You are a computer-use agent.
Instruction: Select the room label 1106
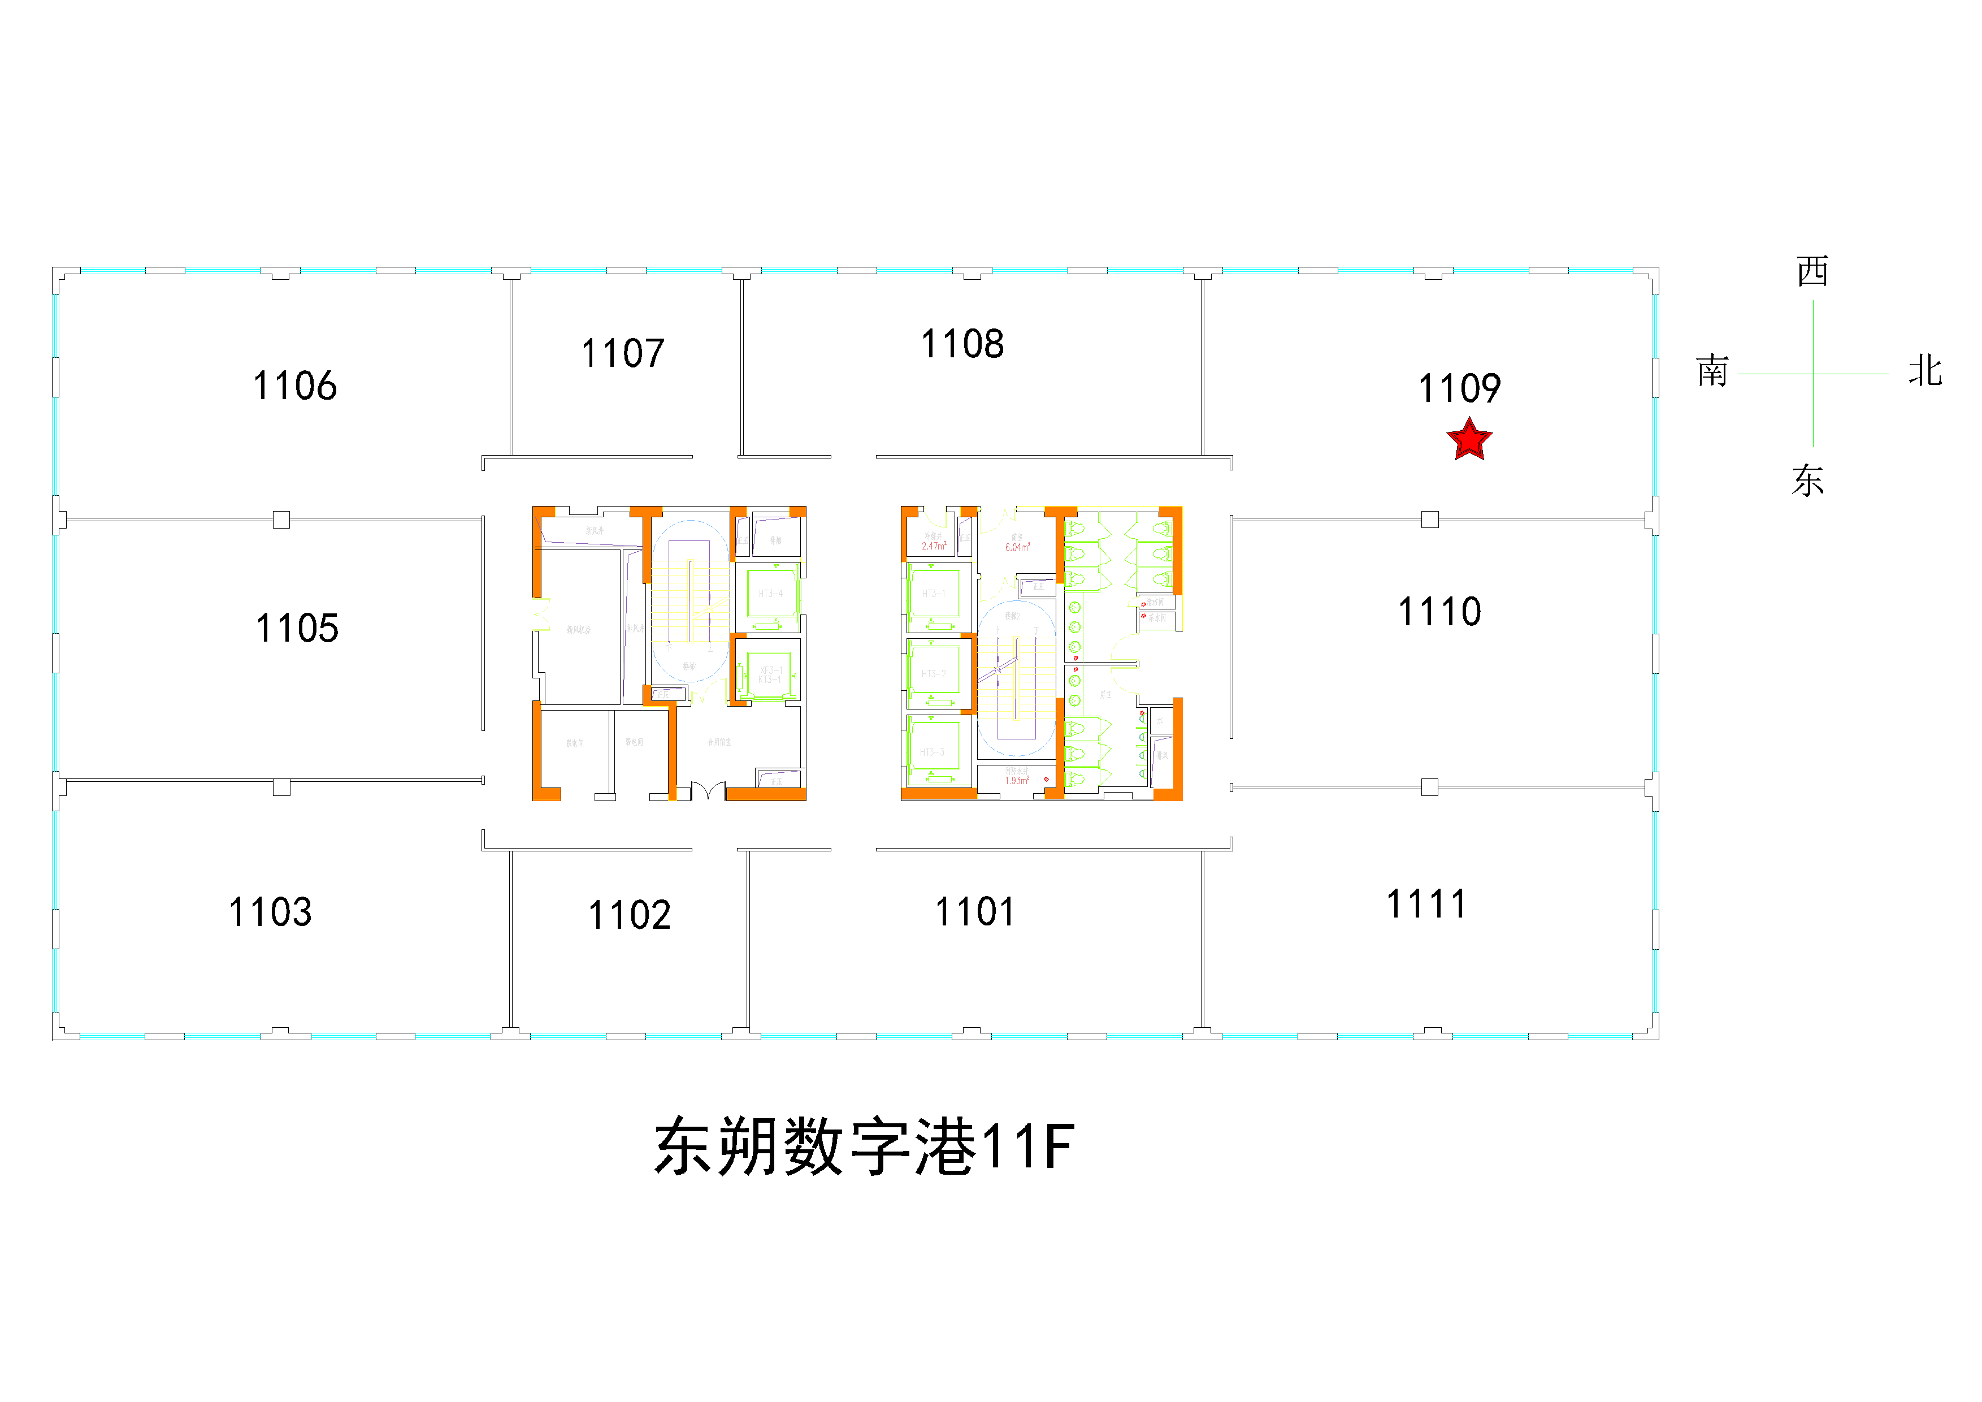click(294, 385)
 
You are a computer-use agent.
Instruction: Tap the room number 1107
click(622, 353)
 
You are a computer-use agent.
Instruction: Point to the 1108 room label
click(962, 344)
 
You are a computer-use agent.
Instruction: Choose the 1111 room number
click(1426, 904)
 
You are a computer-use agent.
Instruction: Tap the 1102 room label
click(630, 914)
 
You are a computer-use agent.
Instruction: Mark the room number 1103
click(270, 912)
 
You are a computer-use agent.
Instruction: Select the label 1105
click(297, 628)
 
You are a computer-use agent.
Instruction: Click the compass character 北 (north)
click(1925, 371)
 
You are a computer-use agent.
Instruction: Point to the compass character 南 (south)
click(1712, 371)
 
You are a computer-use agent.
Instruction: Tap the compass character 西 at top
click(1813, 271)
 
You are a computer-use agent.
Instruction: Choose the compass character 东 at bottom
click(1807, 480)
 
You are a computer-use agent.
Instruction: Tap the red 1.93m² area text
click(1016, 780)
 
